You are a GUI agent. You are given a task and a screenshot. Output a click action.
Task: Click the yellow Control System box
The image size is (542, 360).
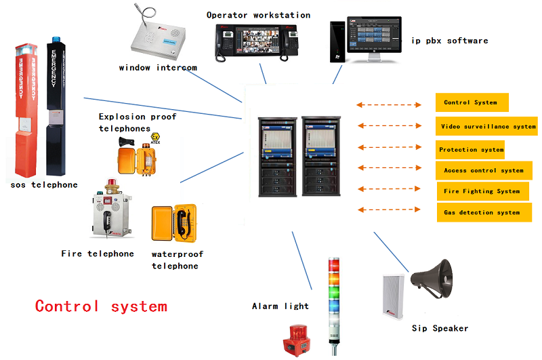tap(472, 102)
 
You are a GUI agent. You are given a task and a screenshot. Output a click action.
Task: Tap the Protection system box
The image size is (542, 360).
tap(472, 149)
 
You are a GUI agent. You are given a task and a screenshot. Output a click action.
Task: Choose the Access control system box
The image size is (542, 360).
tap(484, 170)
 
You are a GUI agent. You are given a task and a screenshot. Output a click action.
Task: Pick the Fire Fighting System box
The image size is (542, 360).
tap(482, 191)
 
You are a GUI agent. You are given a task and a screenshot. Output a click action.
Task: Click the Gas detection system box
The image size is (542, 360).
tap(482, 212)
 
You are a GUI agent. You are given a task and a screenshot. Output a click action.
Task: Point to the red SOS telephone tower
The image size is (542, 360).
tap(25, 108)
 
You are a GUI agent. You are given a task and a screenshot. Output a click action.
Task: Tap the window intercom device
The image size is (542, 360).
tap(157, 39)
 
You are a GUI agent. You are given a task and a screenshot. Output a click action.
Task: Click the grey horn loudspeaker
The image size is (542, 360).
tap(432, 278)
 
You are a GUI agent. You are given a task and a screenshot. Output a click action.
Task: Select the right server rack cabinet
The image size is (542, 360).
tap(318, 157)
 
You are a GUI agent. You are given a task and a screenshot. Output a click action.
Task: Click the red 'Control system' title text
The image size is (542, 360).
tap(101, 306)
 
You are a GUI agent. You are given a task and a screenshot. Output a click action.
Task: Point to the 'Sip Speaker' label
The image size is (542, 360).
tap(440, 328)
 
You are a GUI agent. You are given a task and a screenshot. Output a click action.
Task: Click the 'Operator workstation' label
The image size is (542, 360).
tap(258, 15)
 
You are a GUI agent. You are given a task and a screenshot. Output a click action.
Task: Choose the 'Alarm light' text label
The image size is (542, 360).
tap(280, 306)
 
